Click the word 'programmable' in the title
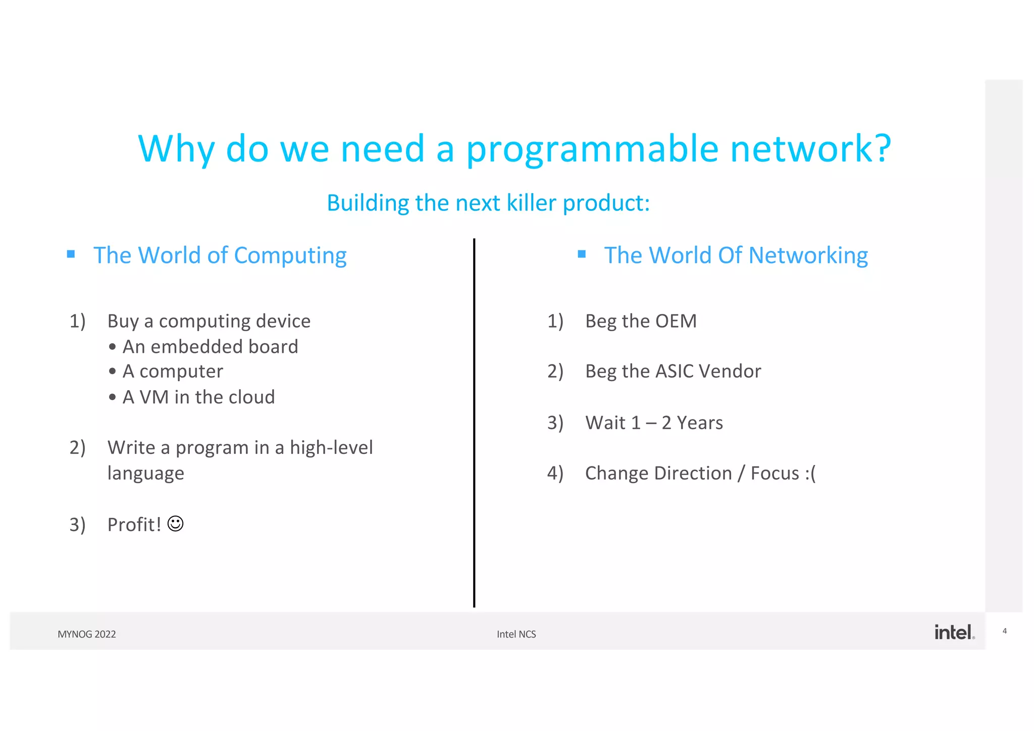pyautogui.click(x=592, y=149)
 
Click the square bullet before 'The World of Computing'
pyautogui.click(x=71, y=254)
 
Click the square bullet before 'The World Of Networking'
pyautogui.click(x=582, y=254)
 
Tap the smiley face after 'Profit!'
pyautogui.click(x=175, y=524)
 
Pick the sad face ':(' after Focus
pyautogui.click(x=810, y=474)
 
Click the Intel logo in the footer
pyautogui.click(x=954, y=632)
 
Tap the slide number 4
pyautogui.click(x=1005, y=631)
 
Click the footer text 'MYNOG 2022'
pyautogui.click(x=87, y=635)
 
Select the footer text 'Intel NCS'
pyautogui.click(x=516, y=635)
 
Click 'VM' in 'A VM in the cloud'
pyautogui.click(x=154, y=397)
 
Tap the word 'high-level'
pyautogui.click(x=331, y=448)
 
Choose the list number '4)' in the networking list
pyautogui.click(x=555, y=474)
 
